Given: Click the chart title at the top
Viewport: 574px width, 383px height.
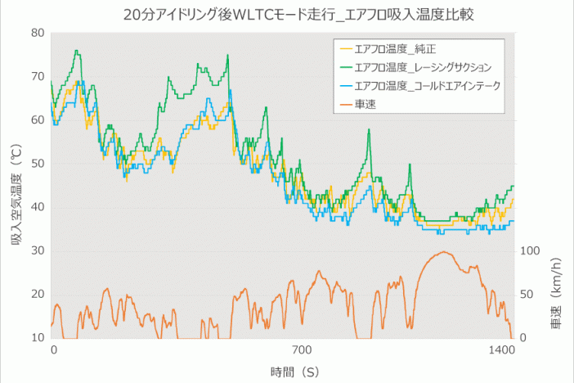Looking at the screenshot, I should pos(288,14).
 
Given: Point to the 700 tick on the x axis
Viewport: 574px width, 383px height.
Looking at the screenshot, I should pos(303,350).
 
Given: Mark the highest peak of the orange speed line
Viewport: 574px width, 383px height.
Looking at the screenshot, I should pos(442,252).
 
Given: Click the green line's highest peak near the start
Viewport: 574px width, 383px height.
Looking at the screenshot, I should pos(76,51).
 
